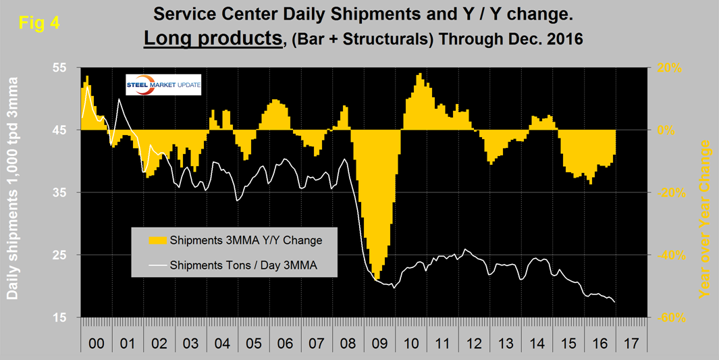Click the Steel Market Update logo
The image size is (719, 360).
[x=163, y=86]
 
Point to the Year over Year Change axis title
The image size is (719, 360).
[x=705, y=220]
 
